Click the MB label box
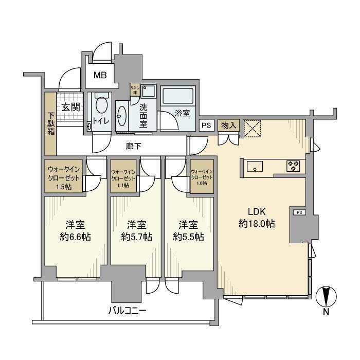(100, 75)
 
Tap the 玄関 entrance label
(70, 107)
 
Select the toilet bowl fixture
(101, 105)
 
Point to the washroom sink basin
(122, 115)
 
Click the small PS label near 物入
(206, 125)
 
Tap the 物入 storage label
(228, 125)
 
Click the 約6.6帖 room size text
(75, 237)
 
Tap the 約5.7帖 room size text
(136, 237)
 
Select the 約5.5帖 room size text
(188, 237)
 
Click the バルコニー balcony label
(127, 311)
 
